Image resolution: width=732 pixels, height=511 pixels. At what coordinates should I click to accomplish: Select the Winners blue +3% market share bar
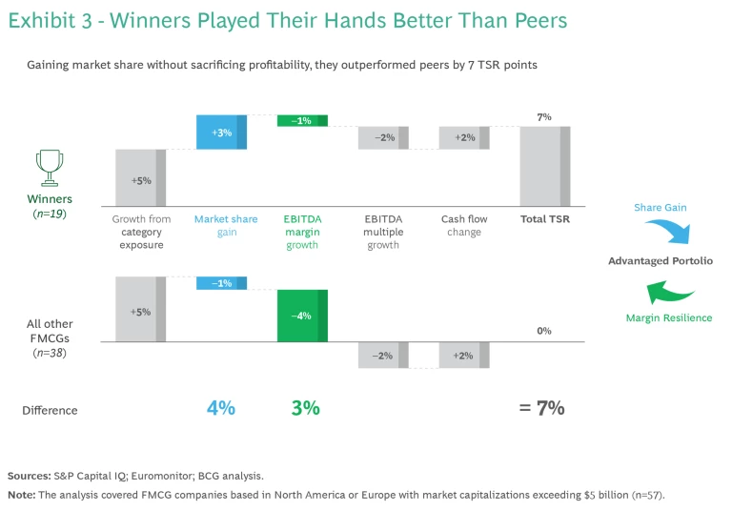pos(221,132)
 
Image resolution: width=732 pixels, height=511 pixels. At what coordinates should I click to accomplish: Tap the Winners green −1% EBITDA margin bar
pos(302,121)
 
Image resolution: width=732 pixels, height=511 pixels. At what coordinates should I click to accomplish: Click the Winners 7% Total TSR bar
pos(544,166)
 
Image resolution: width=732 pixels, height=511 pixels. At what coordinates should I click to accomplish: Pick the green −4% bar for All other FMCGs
pos(302,315)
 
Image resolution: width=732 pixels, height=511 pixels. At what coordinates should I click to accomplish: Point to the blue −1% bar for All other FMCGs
pos(221,283)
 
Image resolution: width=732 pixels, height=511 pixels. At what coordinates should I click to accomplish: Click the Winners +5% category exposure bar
pos(140,177)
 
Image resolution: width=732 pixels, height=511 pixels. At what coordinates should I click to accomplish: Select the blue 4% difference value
pos(220,408)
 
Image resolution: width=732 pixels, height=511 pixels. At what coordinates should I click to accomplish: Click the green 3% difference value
pos(305,408)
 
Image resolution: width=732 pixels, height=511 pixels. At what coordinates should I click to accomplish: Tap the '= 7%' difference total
pos(541,408)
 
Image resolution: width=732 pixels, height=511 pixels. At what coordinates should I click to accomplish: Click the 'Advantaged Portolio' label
pos(660,261)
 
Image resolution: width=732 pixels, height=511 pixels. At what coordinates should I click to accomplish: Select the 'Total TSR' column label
pos(544,219)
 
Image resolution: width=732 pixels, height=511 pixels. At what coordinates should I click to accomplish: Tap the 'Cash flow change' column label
pos(464,225)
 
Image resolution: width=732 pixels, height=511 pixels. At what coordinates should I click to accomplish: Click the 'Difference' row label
pos(50,410)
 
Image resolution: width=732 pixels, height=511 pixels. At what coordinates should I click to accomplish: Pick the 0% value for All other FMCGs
pos(544,331)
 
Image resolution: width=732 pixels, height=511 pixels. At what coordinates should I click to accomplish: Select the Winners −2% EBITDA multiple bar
pos(383,137)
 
